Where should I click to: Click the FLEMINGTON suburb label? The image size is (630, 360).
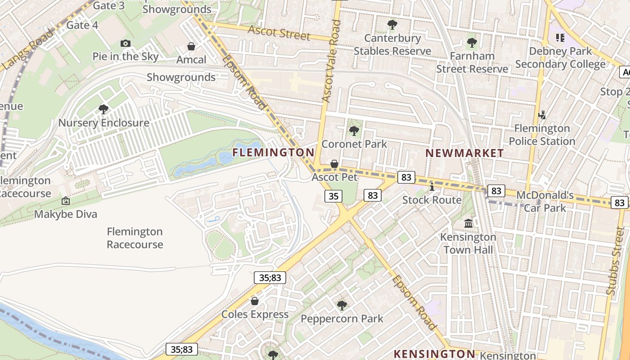point(273,153)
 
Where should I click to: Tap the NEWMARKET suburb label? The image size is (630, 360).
point(464,153)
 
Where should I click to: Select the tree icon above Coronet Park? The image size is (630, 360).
point(354,131)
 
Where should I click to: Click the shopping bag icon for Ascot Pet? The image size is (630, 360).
point(334,164)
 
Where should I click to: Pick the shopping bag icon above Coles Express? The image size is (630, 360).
point(255,301)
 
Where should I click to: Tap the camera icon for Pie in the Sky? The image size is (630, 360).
point(126,44)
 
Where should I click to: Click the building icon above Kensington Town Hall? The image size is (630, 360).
point(468,224)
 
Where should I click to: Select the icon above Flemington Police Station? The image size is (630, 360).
point(542,115)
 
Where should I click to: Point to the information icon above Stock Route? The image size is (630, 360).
point(432,187)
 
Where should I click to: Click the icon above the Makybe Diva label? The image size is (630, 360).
point(66,201)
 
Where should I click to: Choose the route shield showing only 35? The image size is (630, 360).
point(333,196)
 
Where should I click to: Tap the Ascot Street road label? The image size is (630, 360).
point(279,33)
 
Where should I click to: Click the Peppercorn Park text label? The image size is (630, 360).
point(342,319)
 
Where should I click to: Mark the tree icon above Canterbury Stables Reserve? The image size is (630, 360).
point(392,25)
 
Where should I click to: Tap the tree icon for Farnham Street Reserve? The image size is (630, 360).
point(472,43)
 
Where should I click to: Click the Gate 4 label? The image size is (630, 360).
point(82,25)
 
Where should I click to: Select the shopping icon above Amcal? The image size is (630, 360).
point(191,46)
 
